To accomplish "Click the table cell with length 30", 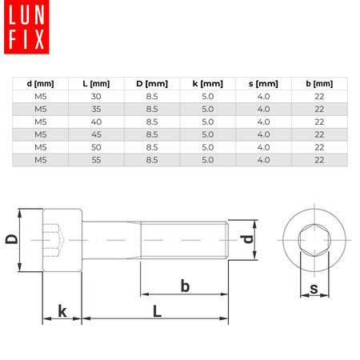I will coord(96,97).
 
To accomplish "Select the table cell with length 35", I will coord(96,110).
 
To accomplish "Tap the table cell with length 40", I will coord(96,122).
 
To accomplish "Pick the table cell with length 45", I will coord(96,135).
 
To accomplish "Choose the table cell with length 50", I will coord(96,148).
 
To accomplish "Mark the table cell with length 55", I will coord(96,161).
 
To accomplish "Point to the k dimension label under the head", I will coord(62,311).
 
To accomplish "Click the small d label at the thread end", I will coord(249,239).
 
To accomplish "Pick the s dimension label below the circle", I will coord(314,288).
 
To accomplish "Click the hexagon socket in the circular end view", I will coord(314,239).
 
